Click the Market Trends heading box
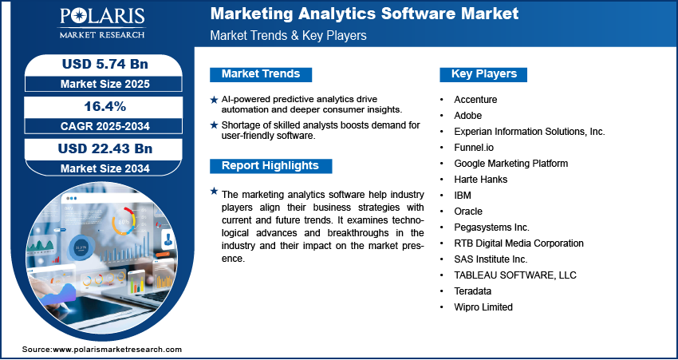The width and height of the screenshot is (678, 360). pyautogui.click(x=260, y=74)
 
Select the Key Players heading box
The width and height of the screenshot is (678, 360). pyautogui.click(x=483, y=74)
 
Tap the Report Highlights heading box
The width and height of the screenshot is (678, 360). pyautogui.click(x=270, y=166)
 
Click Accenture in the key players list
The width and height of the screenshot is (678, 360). pyautogui.click(x=475, y=99)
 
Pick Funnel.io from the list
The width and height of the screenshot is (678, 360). pyautogui.click(x=474, y=147)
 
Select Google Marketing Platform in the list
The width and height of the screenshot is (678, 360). pyautogui.click(x=510, y=163)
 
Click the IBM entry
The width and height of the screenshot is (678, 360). pyautogui.click(x=463, y=195)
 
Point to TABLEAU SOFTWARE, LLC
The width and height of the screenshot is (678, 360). pyautogui.click(x=515, y=275)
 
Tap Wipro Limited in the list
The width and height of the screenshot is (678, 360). pyautogui.click(x=483, y=307)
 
